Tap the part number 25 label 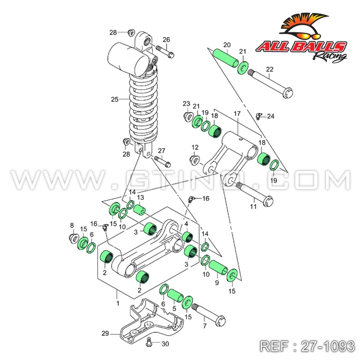[x=114, y=99]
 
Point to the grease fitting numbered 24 [x=258, y=116]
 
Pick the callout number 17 [x=237, y=114]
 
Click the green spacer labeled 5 [x=175, y=295]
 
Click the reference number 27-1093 [x=307, y=346]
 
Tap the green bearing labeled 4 [x=188, y=237]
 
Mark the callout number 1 [x=117, y=303]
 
